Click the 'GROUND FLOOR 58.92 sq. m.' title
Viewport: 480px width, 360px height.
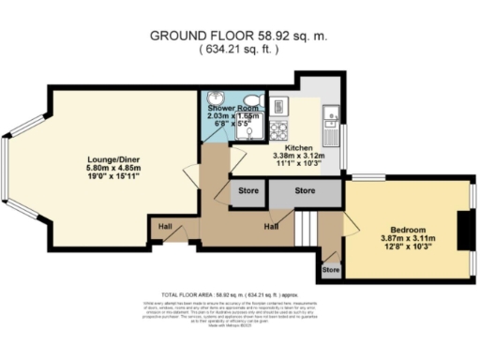[239, 37]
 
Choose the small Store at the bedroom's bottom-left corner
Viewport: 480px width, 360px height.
[330, 270]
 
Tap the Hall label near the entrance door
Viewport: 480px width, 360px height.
[164, 226]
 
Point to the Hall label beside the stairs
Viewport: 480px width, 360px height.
[272, 226]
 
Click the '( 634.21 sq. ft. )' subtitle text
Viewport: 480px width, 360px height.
[239, 51]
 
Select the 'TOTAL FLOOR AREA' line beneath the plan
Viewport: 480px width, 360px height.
[239, 292]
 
